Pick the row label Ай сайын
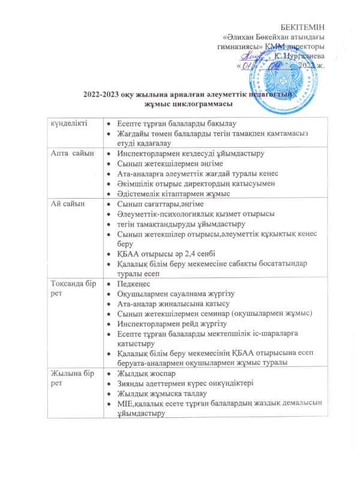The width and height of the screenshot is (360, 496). point(67,205)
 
